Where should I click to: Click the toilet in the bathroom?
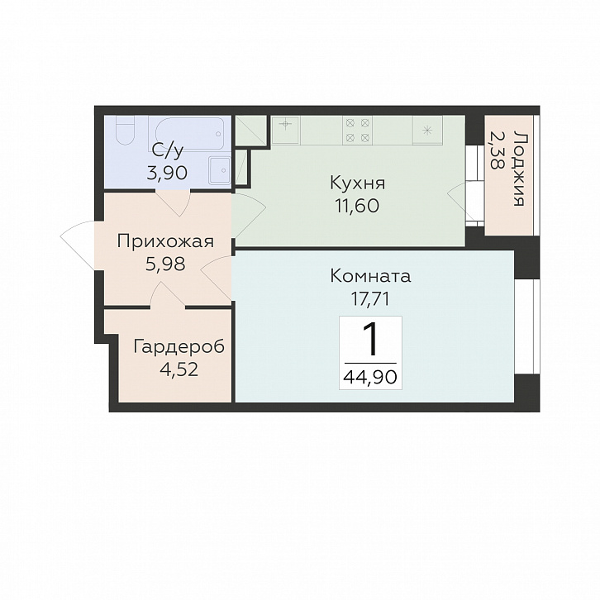click(125, 130)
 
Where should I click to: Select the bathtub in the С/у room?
click(189, 133)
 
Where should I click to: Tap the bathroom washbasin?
click(219, 170)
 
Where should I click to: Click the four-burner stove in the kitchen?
click(357, 130)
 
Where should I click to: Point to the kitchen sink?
click(286, 130)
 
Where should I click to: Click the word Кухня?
click(357, 183)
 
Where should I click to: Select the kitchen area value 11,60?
click(357, 207)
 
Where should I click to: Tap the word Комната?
click(370, 276)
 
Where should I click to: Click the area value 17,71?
click(370, 299)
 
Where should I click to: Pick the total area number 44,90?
click(370, 378)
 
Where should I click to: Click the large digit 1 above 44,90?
click(370, 339)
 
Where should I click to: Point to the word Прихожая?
click(165, 242)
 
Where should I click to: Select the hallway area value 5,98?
click(165, 264)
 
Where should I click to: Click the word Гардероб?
click(179, 347)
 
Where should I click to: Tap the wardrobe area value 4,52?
click(179, 370)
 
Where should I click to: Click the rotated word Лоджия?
click(518, 169)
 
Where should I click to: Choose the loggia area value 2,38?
click(497, 150)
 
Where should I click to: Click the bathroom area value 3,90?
click(167, 174)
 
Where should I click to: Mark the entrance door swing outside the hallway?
click(79, 245)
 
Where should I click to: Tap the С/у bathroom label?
click(167, 151)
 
